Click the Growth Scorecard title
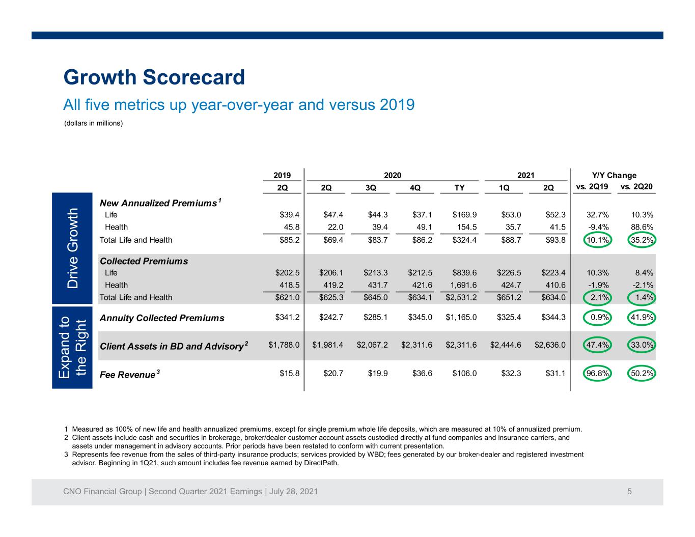point(154,77)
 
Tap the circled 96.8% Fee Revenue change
point(597,373)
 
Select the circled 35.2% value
point(642,240)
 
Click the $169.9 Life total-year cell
point(464,215)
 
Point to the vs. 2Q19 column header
point(592,187)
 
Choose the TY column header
point(459,188)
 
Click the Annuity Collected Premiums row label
point(162,318)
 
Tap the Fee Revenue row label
point(129,374)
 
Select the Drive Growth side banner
point(72,248)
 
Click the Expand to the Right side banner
point(72,348)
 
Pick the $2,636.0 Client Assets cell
point(550,345)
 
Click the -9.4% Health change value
point(598,227)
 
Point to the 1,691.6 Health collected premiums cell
point(463,285)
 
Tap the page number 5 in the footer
point(629,491)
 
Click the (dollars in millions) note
point(93,123)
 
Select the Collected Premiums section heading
point(144,261)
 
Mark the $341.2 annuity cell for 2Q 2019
point(287,318)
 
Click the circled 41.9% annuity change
point(642,318)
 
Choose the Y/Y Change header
point(614,176)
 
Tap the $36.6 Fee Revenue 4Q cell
point(422,373)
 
